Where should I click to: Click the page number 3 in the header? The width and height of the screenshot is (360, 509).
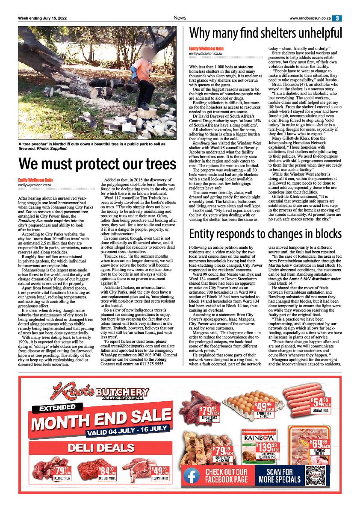[x=338, y=18]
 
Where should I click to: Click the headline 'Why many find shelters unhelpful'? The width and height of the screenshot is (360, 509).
[x=266, y=33]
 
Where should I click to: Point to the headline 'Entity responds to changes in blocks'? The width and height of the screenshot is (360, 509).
[x=265, y=234]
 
